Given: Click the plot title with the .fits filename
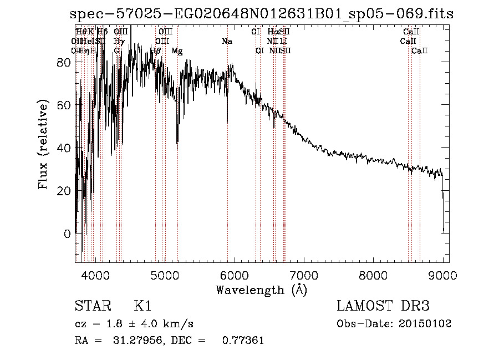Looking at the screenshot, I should click(x=262, y=14).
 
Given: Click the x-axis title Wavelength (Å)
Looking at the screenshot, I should click(x=261, y=289).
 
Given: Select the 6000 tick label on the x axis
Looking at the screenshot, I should click(x=234, y=275).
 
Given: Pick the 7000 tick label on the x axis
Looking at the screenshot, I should click(x=304, y=275).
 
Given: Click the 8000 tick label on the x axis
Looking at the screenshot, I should click(x=373, y=275).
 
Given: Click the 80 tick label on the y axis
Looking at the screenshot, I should click(x=65, y=63).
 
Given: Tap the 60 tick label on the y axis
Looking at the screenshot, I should click(x=65, y=105).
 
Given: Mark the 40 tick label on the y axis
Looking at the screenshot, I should click(x=65, y=148).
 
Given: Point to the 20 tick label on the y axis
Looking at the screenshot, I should click(x=65, y=191).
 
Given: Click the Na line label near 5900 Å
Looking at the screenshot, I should click(x=227, y=42).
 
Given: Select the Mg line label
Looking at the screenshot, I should click(x=177, y=51).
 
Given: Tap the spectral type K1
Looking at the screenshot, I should click(x=142, y=306).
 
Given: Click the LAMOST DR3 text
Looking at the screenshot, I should click(x=383, y=306).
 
